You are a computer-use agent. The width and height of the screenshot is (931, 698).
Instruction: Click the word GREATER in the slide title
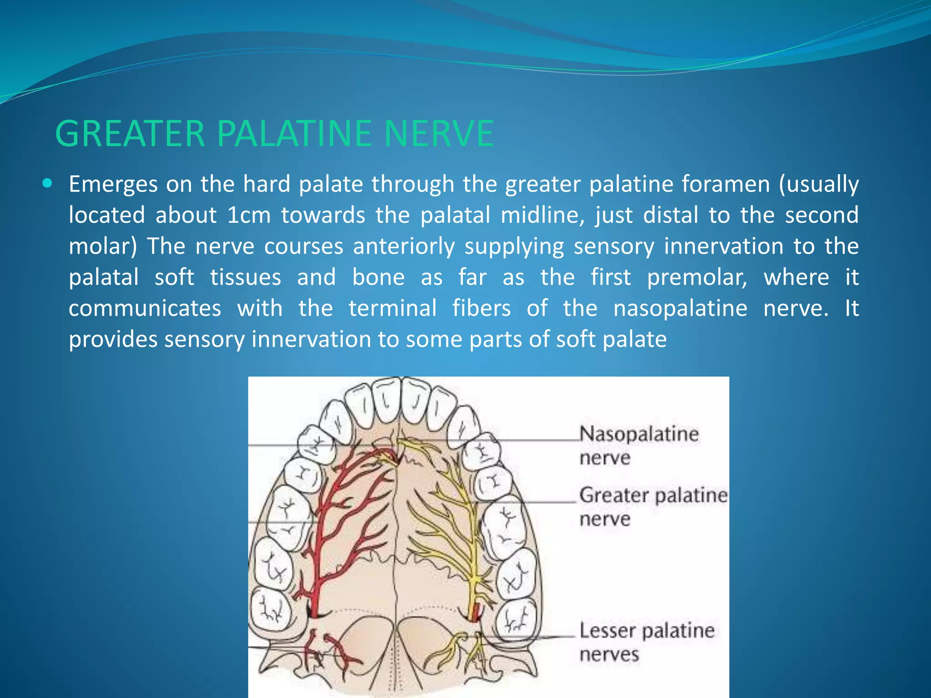(130, 134)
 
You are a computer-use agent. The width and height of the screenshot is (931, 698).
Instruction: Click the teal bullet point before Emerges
(47, 184)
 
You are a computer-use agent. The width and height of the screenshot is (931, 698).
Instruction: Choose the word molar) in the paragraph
(103, 246)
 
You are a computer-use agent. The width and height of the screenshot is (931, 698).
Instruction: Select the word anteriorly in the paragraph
(404, 246)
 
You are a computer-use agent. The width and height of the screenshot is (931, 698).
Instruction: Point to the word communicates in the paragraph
(145, 309)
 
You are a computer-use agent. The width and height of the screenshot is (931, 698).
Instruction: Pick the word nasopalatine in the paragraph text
(680, 309)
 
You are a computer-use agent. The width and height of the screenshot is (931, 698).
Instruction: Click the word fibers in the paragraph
(481, 309)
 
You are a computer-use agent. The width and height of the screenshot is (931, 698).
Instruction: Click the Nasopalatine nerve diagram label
(638, 445)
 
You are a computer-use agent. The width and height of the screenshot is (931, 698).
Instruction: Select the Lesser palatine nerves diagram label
(646, 642)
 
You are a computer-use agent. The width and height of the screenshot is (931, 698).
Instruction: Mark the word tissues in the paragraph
(245, 278)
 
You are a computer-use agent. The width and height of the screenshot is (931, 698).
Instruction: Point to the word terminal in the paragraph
(392, 309)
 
